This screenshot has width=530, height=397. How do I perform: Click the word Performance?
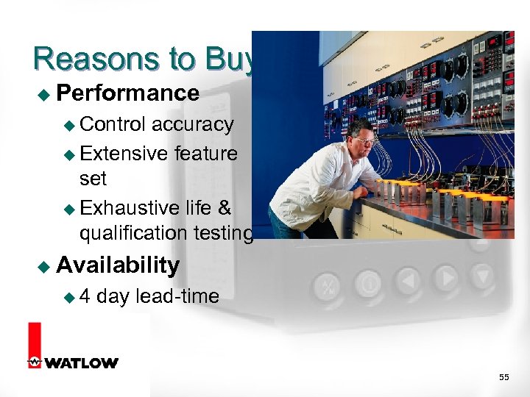click(x=127, y=93)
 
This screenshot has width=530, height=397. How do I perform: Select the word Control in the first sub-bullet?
click(x=113, y=124)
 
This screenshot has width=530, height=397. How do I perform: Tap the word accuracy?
click(x=192, y=124)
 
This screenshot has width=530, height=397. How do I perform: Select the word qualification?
click(x=133, y=233)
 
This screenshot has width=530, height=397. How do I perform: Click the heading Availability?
click(x=118, y=265)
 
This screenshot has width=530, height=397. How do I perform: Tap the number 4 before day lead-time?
click(x=85, y=296)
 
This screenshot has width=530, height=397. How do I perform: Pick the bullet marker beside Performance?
click(x=42, y=94)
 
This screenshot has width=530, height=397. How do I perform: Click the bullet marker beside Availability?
click(x=42, y=266)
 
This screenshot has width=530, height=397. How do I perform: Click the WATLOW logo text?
click(x=81, y=363)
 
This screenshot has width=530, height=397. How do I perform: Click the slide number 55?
click(x=504, y=377)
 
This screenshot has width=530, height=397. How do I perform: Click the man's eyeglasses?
click(x=364, y=140)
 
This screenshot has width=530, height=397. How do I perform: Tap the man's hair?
click(x=362, y=127)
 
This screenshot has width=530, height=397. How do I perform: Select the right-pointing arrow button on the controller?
click(x=445, y=279)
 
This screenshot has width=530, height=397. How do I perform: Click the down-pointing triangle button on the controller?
click(x=481, y=276)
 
